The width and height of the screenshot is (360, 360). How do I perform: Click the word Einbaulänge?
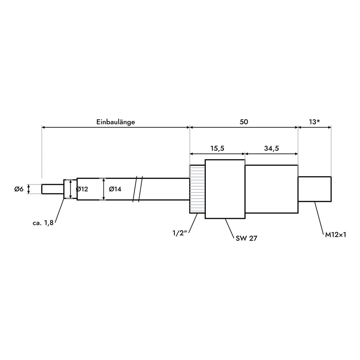[x=115, y=122]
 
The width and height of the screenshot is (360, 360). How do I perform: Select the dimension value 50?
[x=244, y=122]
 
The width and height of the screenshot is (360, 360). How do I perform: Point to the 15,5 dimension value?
[x=217, y=148]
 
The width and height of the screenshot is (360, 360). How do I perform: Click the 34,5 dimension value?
[x=271, y=148]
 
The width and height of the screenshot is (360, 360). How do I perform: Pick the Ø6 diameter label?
[x=19, y=189]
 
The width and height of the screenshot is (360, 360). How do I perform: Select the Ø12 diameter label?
[x=82, y=189]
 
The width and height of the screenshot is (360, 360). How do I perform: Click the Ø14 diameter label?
[x=115, y=189]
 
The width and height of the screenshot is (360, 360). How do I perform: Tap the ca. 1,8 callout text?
[x=43, y=223]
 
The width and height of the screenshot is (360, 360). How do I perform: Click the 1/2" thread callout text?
[x=180, y=233]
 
